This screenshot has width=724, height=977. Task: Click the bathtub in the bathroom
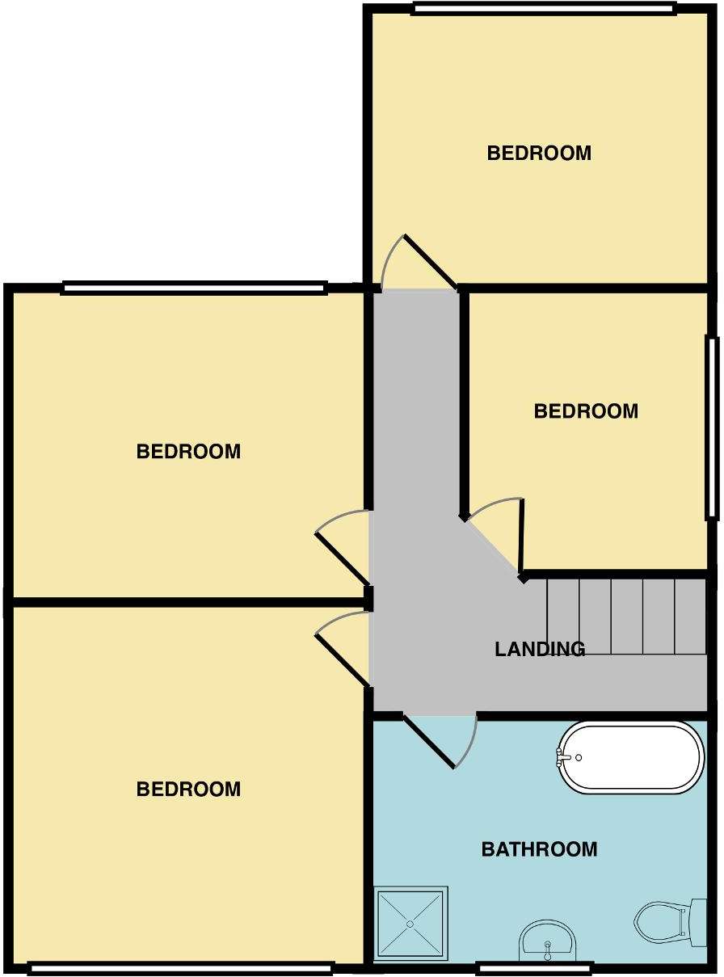point(633,757)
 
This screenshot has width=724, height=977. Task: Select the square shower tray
point(411,924)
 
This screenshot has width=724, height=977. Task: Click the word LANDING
point(540,648)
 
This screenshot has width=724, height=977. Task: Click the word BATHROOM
point(539,849)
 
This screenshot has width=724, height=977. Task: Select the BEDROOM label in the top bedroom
point(539,153)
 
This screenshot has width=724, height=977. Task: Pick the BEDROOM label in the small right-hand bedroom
point(586,411)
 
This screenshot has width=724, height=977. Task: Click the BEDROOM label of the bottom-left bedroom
point(188,790)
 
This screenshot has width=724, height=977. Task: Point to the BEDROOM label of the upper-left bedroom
point(188,452)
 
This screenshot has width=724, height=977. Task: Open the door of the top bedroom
point(430,261)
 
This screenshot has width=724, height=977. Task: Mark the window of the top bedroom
point(543,9)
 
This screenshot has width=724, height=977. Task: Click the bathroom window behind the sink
point(534,967)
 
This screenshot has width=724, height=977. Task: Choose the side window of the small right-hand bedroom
point(712,427)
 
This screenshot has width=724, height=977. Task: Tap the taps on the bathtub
point(565,757)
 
